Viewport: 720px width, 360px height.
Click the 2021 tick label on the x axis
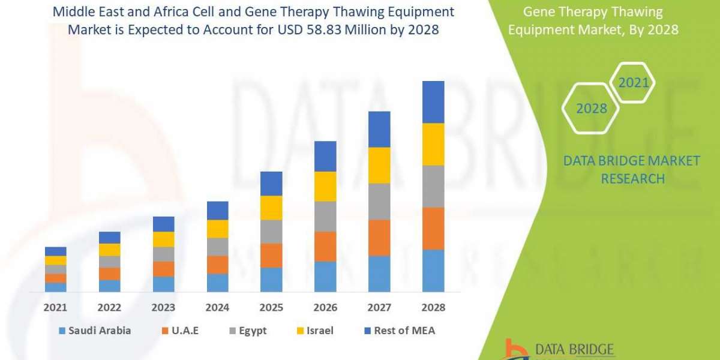pyautogui.click(x=56, y=307)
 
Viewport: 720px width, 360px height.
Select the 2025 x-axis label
pyautogui.click(x=271, y=307)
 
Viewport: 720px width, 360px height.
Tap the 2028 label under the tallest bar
pyautogui.click(x=433, y=307)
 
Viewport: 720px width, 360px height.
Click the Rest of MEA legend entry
pyautogui.click(x=398, y=331)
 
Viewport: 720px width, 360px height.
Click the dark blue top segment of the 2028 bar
pyautogui.click(x=433, y=102)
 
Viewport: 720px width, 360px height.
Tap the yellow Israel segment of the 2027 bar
pyautogui.click(x=379, y=165)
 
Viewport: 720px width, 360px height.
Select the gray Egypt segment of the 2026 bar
pyautogui.click(x=325, y=216)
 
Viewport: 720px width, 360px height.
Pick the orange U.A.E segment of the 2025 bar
pyautogui.click(x=271, y=255)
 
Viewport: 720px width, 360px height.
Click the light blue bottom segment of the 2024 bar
pyautogui.click(x=218, y=283)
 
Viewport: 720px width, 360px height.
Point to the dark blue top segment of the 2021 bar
pyautogui.click(x=56, y=251)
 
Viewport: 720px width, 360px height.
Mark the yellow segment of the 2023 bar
pyautogui.click(x=164, y=239)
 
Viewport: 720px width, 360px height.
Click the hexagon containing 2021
pyautogui.click(x=633, y=83)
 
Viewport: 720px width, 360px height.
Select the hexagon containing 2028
pyautogui.click(x=590, y=109)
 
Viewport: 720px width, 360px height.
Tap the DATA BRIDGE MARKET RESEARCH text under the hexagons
pyautogui.click(x=632, y=169)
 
